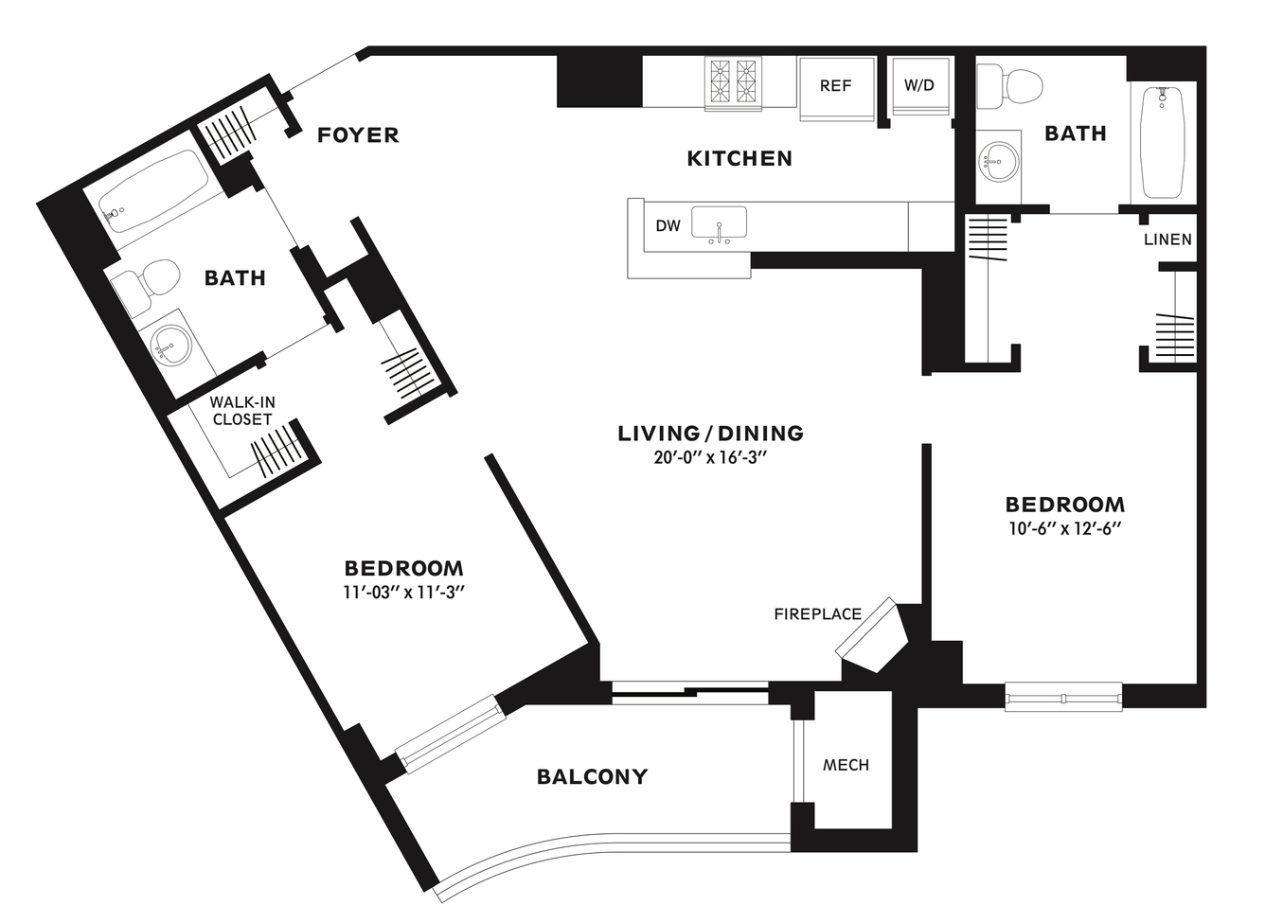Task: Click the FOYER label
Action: pos(358,135)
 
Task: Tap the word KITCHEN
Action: pos(739,159)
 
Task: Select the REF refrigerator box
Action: pos(837,89)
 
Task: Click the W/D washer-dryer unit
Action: pos(918,86)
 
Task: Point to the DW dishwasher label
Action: pos(668,226)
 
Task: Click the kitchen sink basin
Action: pos(719,222)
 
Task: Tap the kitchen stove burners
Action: pos(733,83)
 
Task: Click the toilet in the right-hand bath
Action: pos(1008,86)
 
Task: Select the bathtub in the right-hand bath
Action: pos(1163,142)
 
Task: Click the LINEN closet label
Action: pos(1167,240)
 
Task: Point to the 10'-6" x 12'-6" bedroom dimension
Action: pos(1064,529)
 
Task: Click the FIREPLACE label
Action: pos(818,614)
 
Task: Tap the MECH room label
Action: pos(846,765)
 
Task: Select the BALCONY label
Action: pos(593,777)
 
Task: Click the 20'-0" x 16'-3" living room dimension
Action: pos(710,457)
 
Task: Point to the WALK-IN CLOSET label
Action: pos(242,411)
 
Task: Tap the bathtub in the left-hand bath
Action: pos(153,191)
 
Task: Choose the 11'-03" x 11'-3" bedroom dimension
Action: pos(403,593)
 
